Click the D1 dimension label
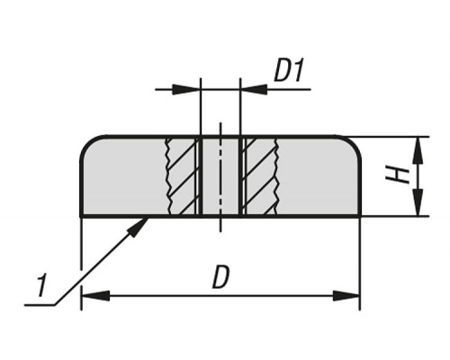point(289,71)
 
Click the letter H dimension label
point(398,175)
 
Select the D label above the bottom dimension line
point(220,277)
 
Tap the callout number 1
point(41,284)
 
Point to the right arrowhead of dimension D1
point(254,89)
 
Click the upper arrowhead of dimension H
point(418,151)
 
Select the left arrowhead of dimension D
point(95,296)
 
